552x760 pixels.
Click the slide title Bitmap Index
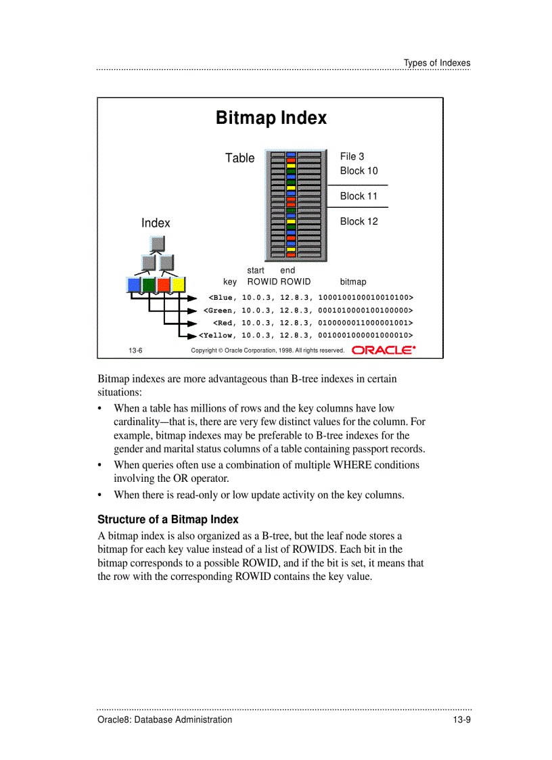(271, 118)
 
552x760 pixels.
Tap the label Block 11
(358, 196)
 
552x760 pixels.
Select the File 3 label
(352, 156)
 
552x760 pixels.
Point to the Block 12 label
(359, 221)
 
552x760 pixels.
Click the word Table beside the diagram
(239, 158)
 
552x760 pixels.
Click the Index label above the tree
(156, 223)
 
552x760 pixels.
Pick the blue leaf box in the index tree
(134, 285)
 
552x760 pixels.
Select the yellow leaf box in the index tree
(178, 285)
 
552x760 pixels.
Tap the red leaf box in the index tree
(164, 285)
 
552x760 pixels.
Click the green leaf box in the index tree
(149, 285)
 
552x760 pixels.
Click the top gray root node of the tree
(157, 243)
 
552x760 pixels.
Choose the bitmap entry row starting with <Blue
(310, 297)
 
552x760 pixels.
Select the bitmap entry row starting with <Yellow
(305, 335)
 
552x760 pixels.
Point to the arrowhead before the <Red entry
(191, 323)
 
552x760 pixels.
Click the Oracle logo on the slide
(384, 350)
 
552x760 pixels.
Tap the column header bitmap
(352, 282)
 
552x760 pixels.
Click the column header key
(230, 282)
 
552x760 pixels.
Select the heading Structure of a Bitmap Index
(168, 520)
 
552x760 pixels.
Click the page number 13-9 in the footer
(461, 719)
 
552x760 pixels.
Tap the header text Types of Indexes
(436, 63)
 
